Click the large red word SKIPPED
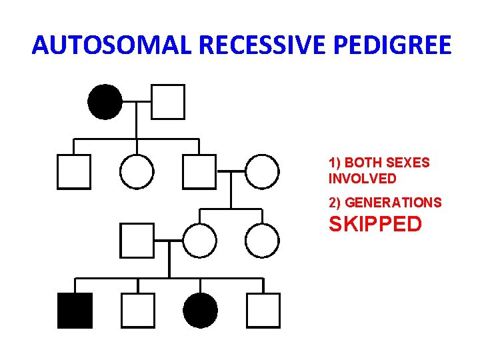point(375,224)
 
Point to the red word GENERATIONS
point(393,203)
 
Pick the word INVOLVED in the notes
point(362,179)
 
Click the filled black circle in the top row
point(105,102)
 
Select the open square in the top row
point(168,102)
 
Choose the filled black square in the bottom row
point(75,311)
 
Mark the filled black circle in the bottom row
point(200,311)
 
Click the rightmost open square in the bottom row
point(263,311)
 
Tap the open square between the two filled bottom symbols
point(137,311)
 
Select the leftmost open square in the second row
point(73,171)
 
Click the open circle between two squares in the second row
point(137,171)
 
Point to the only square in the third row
point(137,241)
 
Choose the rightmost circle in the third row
point(262,241)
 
